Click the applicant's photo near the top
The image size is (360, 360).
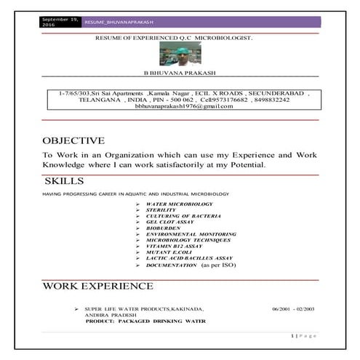179,54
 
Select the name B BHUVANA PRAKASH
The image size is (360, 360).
180,73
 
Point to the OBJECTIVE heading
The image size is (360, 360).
73,140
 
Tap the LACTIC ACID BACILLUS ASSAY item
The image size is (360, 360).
189,258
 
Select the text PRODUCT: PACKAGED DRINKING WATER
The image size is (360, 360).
145,321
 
